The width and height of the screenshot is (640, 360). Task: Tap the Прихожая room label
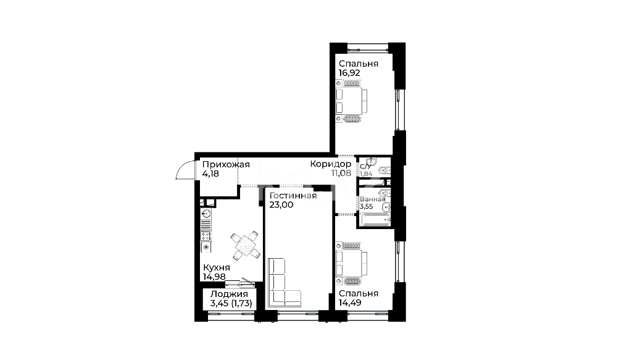coord(226,164)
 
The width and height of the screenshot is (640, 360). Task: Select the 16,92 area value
coord(349,73)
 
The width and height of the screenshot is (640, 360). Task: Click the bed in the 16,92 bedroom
coord(351,101)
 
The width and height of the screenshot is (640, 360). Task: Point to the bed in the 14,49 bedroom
coord(351,263)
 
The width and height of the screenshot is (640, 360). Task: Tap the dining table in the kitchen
coord(245,246)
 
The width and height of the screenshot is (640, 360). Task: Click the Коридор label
coord(331,164)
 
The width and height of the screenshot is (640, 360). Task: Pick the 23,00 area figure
coord(281,205)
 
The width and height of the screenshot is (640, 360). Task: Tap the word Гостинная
coord(293,196)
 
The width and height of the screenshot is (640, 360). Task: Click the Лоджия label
coord(229,295)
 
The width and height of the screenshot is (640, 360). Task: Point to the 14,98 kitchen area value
coord(214,277)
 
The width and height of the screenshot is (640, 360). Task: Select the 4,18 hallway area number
coord(210,174)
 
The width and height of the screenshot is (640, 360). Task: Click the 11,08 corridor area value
coord(341,173)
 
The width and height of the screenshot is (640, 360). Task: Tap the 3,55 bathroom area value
coord(367,206)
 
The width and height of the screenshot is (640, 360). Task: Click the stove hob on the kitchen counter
coord(206,237)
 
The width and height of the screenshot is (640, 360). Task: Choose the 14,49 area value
coord(350,303)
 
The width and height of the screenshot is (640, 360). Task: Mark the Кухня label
coord(217,268)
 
